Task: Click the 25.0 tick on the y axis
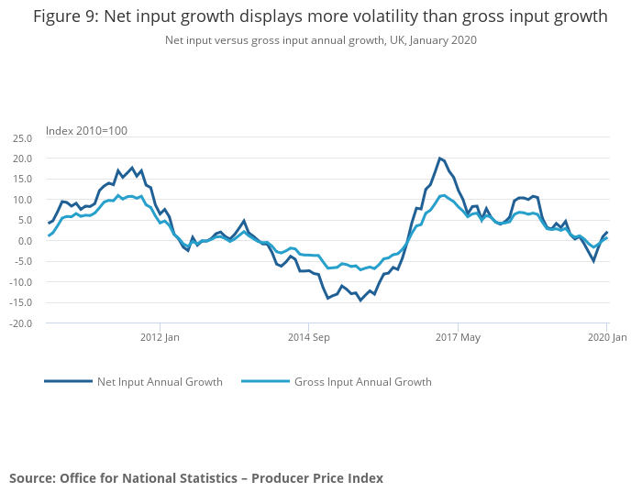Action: [22, 138]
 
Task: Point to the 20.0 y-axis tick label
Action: [22, 159]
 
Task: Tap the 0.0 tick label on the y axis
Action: [26, 241]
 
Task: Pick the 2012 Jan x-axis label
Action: [160, 338]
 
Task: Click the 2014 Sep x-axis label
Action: [308, 338]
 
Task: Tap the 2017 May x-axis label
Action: [459, 338]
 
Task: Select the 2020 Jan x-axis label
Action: [606, 338]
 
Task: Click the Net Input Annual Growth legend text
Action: [160, 382]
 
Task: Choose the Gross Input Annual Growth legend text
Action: [362, 382]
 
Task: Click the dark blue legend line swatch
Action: [68, 381]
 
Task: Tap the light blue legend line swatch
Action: [265, 381]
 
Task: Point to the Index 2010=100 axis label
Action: [87, 131]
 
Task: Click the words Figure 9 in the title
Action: [64, 16]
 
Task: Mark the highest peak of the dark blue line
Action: [439, 158]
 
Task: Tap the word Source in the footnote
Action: [31, 478]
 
